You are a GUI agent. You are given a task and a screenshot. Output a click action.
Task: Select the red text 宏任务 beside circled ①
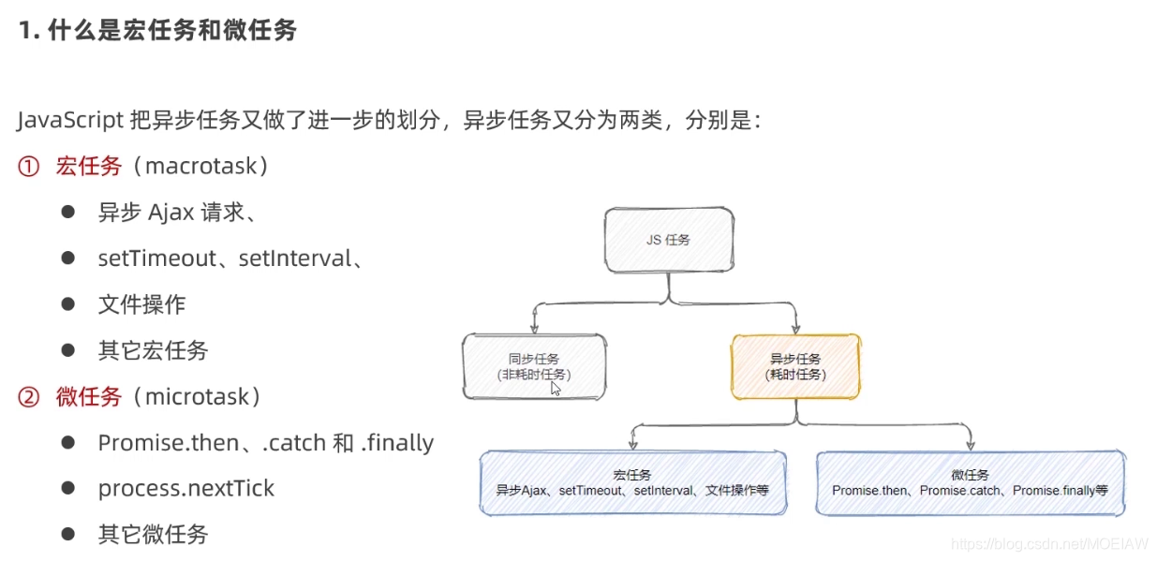click(x=89, y=167)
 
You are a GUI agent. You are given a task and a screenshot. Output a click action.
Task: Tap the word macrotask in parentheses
click(x=201, y=167)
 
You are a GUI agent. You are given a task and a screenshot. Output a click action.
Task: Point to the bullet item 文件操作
click(x=141, y=304)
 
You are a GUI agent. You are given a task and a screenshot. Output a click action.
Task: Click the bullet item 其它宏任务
click(x=153, y=350)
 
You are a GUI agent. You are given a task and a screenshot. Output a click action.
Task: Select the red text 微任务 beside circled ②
click(x=89, y=396)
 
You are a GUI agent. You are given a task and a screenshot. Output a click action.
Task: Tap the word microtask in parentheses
click(x=198, y=396)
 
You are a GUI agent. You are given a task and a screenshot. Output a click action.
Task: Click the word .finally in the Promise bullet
click(x=397, y=442)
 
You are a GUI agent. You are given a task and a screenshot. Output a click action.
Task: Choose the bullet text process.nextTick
click(x=186, y=488)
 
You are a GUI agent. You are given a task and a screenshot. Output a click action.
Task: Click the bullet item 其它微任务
click(x=153, y=534)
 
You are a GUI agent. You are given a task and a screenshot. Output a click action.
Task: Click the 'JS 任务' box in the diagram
click(x=668, y=240)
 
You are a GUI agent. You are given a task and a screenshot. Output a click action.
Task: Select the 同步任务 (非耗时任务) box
click(x=534, y=365)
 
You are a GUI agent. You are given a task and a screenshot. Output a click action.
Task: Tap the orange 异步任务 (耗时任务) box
click(x=795, y=365)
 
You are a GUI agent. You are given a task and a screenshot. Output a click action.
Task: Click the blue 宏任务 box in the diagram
click(x=632, y=482)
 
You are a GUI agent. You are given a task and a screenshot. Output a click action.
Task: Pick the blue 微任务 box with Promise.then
click(x=970, y=482)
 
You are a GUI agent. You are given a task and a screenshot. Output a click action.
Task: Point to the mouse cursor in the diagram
click(x=556, y=387)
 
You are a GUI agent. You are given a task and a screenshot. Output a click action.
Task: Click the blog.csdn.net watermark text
click(x=1049, y=543)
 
